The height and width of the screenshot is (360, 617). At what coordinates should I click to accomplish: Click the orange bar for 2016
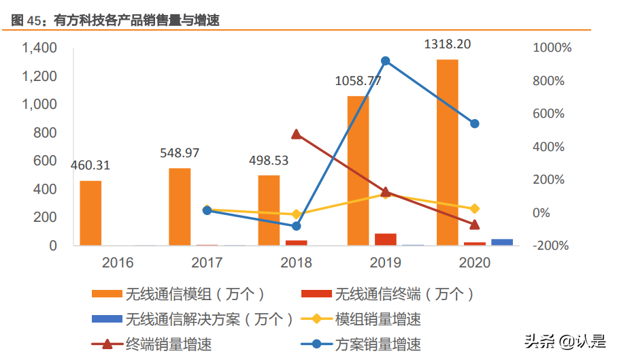tap(90, 212)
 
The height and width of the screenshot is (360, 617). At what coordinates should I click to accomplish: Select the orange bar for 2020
tap(447, 152)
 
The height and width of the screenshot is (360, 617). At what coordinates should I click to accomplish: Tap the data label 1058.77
tap(358, 81)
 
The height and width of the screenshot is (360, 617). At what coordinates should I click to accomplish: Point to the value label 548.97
tap(180, 153)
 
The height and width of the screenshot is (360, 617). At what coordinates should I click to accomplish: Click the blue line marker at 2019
tap(385, 61)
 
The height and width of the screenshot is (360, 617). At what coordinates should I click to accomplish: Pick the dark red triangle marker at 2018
tap(296, 134)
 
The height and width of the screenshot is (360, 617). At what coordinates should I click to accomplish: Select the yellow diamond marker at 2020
tap(475, 209)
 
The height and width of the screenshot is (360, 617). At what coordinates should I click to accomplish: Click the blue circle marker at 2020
tap(475, 124)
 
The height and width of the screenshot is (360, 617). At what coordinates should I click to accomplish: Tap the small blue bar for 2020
tap(502, 242)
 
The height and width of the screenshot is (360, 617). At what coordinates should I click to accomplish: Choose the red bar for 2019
tap(386, 239)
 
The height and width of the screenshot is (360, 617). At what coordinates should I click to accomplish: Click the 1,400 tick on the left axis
tap(39, 48)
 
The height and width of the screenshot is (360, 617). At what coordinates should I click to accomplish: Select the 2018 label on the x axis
tap(296, 263)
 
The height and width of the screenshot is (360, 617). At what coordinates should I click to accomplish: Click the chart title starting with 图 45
tap(116, 21)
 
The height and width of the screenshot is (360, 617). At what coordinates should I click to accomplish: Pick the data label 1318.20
tap(447, 44)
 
